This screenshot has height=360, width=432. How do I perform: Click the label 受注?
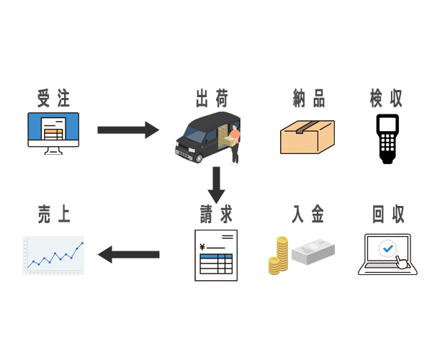point(53,98)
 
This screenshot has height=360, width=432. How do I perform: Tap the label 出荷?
point(212,98)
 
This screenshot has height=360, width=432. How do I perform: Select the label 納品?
point(308,98)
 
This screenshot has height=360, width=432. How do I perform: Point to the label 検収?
point(387,98)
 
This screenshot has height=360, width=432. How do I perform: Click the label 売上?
point(53,214)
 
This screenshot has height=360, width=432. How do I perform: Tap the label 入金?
point(308,214)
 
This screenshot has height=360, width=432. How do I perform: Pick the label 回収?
point(387,214)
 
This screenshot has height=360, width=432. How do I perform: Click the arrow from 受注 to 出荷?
point(127,130)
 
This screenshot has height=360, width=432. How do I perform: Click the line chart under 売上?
point(53,255)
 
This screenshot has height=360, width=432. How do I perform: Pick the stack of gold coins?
point(278,256)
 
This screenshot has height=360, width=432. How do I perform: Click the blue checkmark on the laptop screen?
point(387,248)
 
